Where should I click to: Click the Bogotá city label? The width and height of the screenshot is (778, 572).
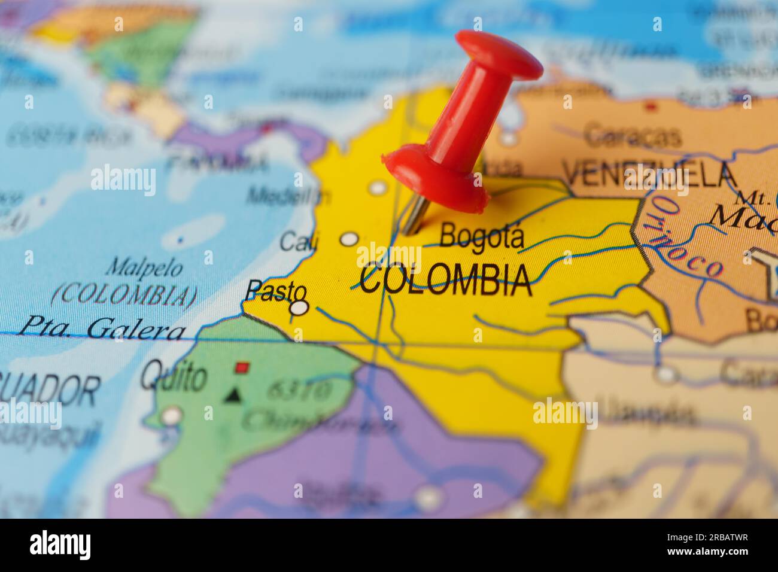482,236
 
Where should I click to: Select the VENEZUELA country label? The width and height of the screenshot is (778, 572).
649,175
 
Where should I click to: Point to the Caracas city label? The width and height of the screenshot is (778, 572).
633,136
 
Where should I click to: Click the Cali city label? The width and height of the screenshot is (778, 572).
299,242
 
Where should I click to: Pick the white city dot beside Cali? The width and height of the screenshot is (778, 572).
349,239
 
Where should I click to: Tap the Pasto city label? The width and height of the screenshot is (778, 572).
276,291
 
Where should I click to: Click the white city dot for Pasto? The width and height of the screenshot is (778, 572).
299,308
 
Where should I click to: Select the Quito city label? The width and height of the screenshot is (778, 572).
174,378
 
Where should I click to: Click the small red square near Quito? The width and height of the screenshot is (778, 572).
242,367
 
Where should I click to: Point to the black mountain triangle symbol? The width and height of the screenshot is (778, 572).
233,395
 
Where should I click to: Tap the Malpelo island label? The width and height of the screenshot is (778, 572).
144,268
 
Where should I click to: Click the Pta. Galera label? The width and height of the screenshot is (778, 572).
102,329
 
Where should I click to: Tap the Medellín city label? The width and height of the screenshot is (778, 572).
288,195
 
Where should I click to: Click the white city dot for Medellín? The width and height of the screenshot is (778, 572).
378,188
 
